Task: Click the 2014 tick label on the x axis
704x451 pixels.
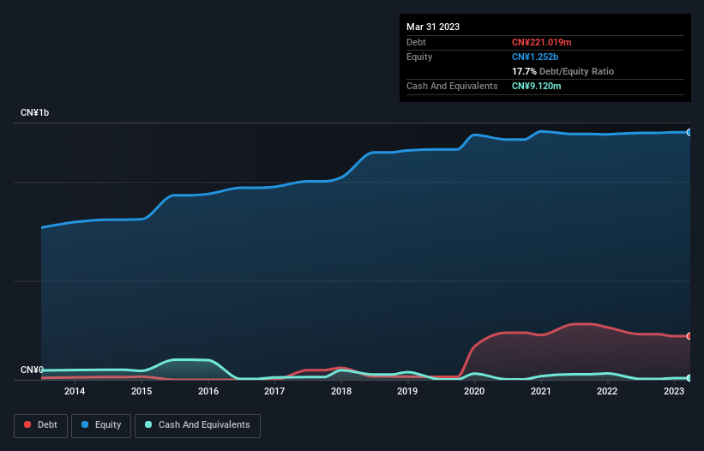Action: click(x=75, y=392)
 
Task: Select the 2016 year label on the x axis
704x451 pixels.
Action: click(x=208, y=392)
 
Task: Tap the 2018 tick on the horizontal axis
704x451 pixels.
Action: click(x=340, y=392)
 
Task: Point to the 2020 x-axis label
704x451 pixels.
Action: click(x=473, y=392)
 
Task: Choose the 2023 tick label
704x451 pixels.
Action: click(x=673, y=392)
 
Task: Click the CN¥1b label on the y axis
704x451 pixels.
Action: click(x=36, y=113)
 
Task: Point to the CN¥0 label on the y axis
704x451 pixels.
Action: click(x=32, y=370)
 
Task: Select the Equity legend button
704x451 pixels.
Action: click(x=101, y=424)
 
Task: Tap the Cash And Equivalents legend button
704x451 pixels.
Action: click(x=197, y=424)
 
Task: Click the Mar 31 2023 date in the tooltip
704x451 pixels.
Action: click(x=433, y=27)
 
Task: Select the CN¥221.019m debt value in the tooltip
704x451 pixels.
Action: click(x=543, y=42)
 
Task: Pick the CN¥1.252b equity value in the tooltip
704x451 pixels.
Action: click(x=534, y=57)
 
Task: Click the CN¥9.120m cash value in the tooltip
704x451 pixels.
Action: click(x=538, y=86)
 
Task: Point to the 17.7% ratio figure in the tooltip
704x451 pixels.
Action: click(x=524, y=71)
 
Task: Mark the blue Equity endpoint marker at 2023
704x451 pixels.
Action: click(x=689, y=132)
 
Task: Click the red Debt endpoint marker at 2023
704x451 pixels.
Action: click(x=689, y=336)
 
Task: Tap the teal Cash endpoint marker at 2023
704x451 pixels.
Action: click(x=689, y=378)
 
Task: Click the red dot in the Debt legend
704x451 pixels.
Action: click(x=27, y=424)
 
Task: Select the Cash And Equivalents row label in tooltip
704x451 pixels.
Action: click(x=452, y=86)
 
